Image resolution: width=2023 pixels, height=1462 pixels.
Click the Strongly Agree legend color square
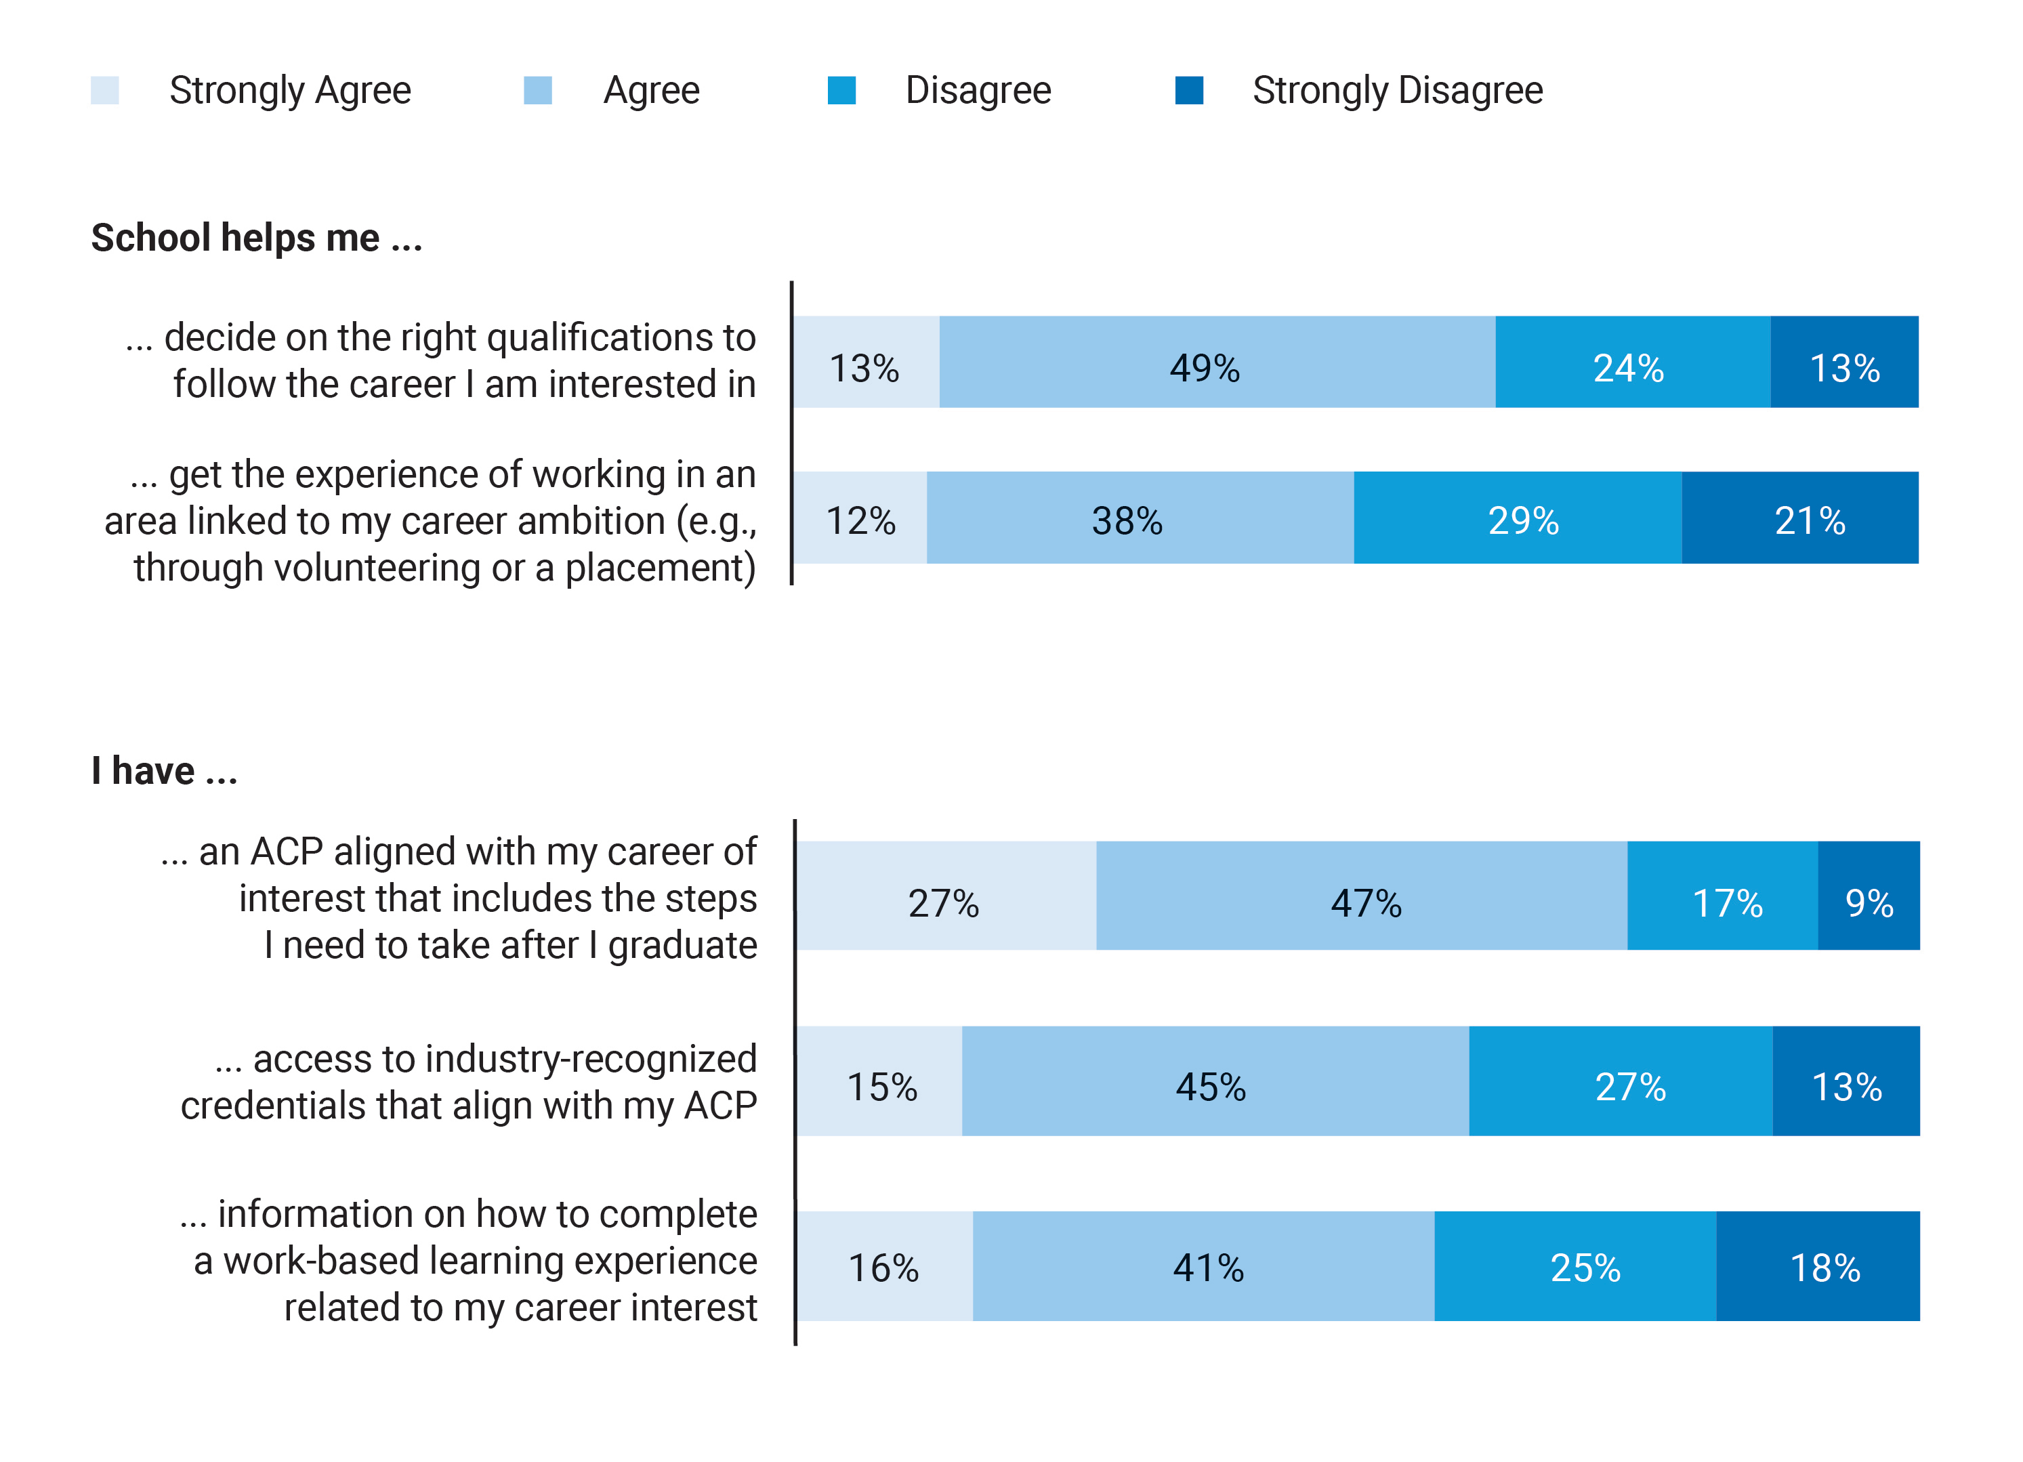[x=105, y=90]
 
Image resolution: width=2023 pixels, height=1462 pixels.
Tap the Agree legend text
[x=651, y=90]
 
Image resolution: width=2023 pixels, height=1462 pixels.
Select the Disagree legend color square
[x=841, y=90]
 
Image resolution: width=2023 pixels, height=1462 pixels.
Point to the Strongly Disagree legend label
[x=1397, y=90]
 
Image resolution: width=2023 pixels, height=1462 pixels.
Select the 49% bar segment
[x=1217, y=362]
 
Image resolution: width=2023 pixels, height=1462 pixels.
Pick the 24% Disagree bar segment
[x=1632, y=362]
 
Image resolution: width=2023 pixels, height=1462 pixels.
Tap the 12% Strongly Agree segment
[x=860, y=518]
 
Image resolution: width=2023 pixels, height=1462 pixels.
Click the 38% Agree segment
[x=1140, y=518]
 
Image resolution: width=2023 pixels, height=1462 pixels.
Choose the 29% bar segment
[x=1518, y=518]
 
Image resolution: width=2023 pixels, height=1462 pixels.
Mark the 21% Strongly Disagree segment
[x=1800, y=518]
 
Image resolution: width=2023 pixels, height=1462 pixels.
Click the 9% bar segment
[x=1869, y=896]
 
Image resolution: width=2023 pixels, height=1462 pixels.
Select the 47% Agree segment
[x=1361, y=896]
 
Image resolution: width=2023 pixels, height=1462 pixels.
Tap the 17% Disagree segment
[x=1722, y=896]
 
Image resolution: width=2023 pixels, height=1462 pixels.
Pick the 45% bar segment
[x=1215, y=1081]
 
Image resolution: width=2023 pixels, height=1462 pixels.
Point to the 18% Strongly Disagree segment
[x=1818, y=1266]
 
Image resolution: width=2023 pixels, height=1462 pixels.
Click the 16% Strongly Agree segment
[x=884, y=1266]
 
